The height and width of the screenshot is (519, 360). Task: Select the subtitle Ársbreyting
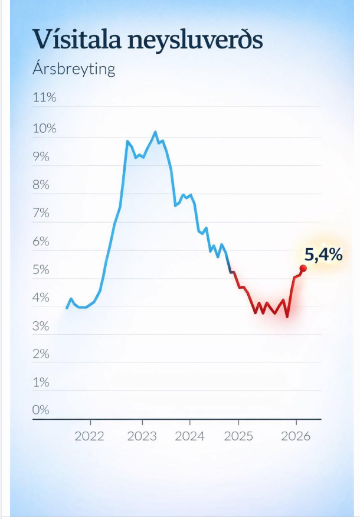tap(74, 69)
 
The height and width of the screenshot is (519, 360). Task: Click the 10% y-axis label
tap(44, 129)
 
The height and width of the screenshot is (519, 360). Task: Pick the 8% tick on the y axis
tap(41, 185)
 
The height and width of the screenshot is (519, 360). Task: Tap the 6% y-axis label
tap(41, 242)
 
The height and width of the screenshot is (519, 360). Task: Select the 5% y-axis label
tap(41, 270)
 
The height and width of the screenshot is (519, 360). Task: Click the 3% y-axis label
tap(41, 327)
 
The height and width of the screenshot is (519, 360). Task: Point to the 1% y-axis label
tap(41, 383)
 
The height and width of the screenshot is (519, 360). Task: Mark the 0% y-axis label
tap(41, 410)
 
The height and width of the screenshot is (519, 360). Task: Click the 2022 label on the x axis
tap(90, 436)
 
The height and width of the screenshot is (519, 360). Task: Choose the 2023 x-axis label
tap(142, 436)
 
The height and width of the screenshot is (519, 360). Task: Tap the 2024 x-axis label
tap(190, 436)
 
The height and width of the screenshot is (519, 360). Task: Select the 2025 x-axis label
tap(238, 436)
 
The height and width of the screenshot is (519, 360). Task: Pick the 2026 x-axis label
tap(296, 436)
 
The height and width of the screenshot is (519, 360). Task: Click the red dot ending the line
tap(303, 268)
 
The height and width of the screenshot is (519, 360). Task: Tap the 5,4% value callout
tap(323, 254)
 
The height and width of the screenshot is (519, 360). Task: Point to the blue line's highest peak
tap(155, 132)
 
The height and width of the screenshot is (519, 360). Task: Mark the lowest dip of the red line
tap(287, 317)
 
